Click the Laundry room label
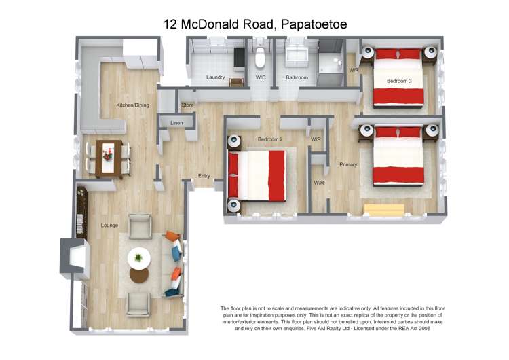pyautogui.click(x=215, y=77)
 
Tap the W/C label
pyautogui.click(x=261, y=77)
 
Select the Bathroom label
pyautogui.click(x=297, y=77)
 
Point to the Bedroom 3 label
pyautogui.click(x=399, y=81)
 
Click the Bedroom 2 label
pyautogui.click(x=269, y=139)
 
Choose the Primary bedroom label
pyautogui.click(x=348, y=164)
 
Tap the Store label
pyautogui.click(x=187, y=105)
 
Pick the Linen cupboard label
pyautogui.click(x=176, y=123)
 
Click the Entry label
pyautogui.click(x=204, y=176)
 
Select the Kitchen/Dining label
pyautogui.click(x=132, y=105)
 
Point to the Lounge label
pyautogui.click(x=109, y=225)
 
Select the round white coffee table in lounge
pyautogui.click(x=139, y=257)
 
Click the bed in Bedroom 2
pyautogui.click(x=258, y=175)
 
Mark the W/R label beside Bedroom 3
pyautogui.click(x=354, y=70)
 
